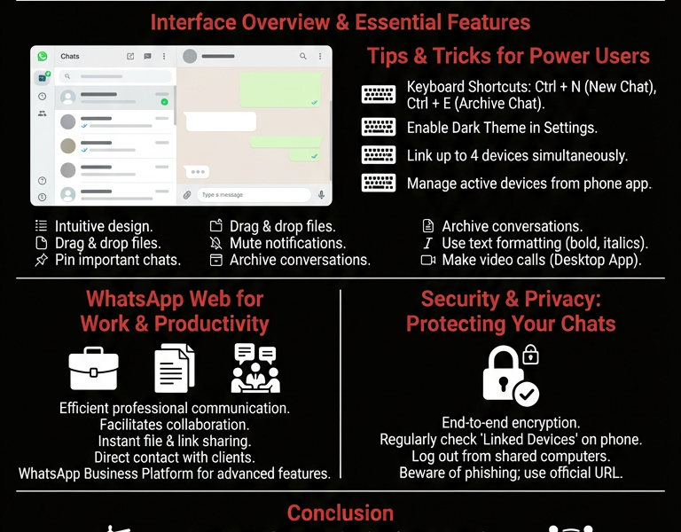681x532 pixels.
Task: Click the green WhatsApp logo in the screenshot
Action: point(42,57)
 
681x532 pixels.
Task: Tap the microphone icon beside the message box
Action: point(321,195)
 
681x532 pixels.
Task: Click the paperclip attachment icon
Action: point(187,195)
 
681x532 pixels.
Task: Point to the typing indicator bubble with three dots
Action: point(196,172)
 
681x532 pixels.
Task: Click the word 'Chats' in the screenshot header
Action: point(70,57)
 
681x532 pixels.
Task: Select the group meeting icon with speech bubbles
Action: point(255,368)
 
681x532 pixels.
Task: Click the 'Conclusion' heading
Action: point(340,512)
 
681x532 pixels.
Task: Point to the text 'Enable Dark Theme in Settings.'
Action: point(502,128)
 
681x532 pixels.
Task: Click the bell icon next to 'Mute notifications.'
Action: point(215,243)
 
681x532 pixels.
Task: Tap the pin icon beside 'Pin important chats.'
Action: point(41,261)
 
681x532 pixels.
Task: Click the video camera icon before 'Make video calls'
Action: point(428,260)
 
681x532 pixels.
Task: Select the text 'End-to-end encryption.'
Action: point(511,423)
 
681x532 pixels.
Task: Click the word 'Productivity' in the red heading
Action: point(211,324)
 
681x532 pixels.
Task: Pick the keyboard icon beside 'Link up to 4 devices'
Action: point(379,155)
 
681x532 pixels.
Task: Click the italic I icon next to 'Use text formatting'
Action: point(428,243)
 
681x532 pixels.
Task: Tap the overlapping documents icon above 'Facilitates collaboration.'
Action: point(175,369)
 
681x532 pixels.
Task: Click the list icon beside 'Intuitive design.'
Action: point(41,226)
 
